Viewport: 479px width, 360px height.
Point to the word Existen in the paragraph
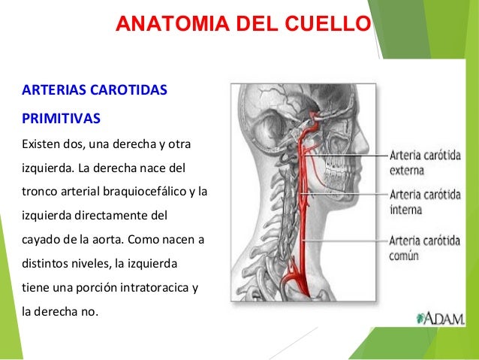click(x=44, y=143)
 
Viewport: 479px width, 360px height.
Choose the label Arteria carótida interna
click(x=425, y=201)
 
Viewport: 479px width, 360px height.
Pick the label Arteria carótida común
click(x=425, y=247)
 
